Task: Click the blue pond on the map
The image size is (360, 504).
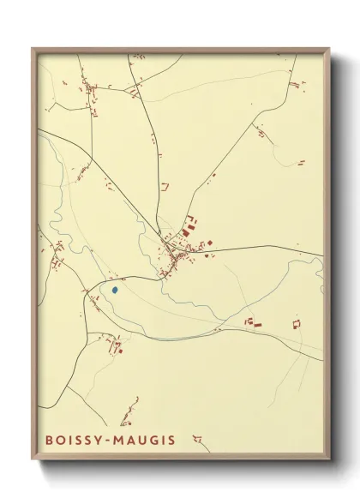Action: click(114, 290)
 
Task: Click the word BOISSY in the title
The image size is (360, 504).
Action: click(75, 441)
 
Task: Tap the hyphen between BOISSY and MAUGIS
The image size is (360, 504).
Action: click(110, 441)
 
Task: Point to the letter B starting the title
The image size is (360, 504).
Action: click(48, 441)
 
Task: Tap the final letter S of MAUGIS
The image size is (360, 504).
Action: click(171, 441)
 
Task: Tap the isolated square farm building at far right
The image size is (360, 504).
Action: click(297, 324)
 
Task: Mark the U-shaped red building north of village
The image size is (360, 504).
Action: click(165, 185)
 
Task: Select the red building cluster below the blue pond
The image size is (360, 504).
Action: click(116, 345)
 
